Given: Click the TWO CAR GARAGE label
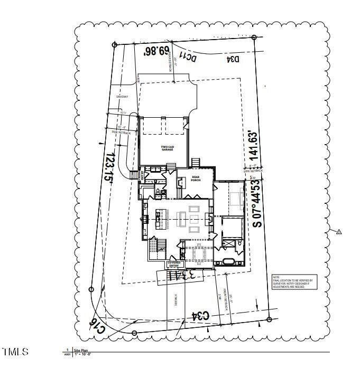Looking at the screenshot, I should click(162, 148).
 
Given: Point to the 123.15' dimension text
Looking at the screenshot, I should click(110, 168).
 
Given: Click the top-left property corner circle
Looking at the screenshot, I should click(115, 45).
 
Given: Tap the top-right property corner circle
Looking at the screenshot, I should click(254, 37).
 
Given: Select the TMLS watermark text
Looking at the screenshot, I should click(16, 352).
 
